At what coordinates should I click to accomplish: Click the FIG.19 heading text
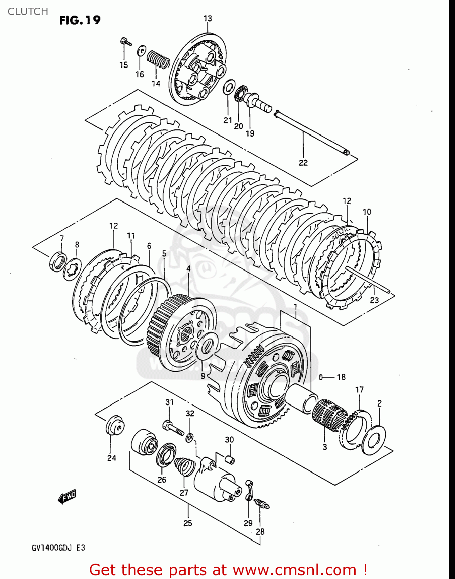pyautogui.click(x=80, y=20)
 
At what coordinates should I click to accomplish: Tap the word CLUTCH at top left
pyautogui.click(x=28, y=12)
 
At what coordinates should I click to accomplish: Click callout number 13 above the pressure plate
pyautogui.click(x=208, y=18)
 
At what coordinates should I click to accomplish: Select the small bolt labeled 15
pyautogui.click(x=125, y=41)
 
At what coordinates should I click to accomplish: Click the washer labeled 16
pyautogui.click(x=141, y=50)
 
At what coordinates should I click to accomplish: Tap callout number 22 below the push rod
pyautogui.click(x=303, y=163)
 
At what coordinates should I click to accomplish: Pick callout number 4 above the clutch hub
pyautogui.click(x=188, y=268)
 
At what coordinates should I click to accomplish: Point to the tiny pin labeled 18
pyautogui.click(x=320, y=377)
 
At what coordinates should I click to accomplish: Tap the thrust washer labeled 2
pyautogui.click(x=374, y=440)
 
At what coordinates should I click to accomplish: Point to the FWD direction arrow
pyautogui.click(x=67, y=497)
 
